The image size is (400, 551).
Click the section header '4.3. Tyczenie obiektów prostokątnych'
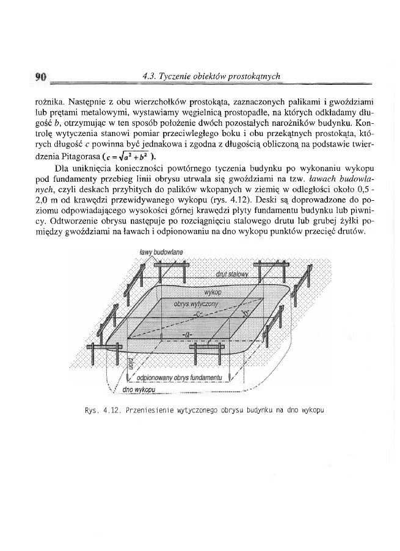[210, 77]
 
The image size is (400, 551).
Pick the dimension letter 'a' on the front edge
[187, 335]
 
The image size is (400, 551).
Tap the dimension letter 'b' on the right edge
[244, 315]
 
